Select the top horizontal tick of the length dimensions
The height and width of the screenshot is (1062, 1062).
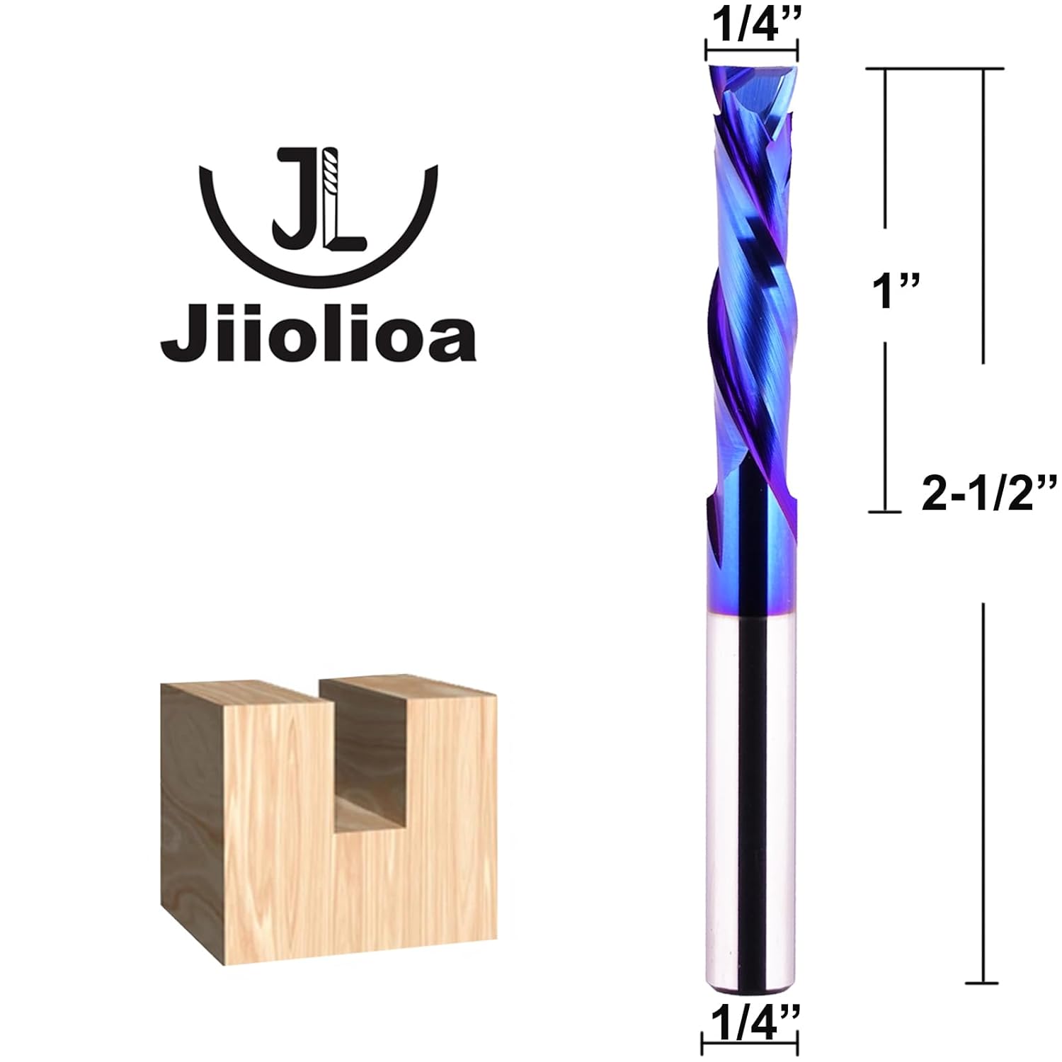coord(935,69)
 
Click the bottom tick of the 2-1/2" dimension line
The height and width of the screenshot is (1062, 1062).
coord(982,983)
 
